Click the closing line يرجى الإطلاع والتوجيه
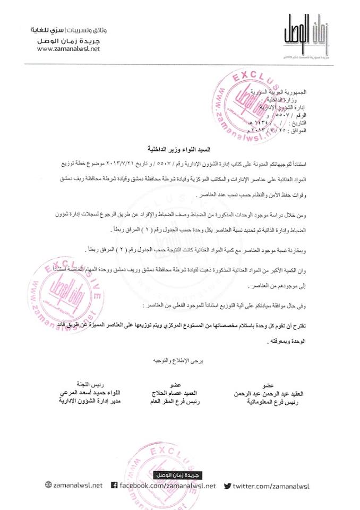coord(180,359)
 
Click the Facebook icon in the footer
coord(114,485)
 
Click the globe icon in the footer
coord(48,485)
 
